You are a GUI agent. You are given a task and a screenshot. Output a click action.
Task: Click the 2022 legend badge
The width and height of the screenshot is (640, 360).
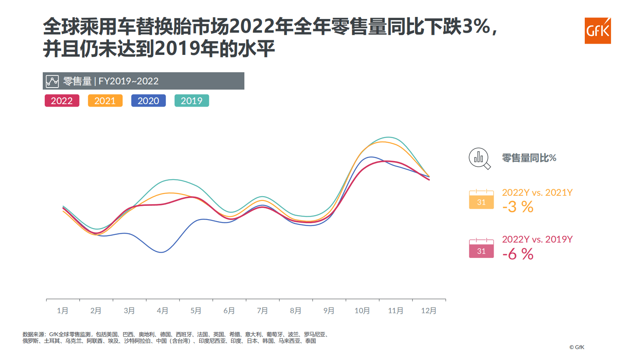tap(62, 101)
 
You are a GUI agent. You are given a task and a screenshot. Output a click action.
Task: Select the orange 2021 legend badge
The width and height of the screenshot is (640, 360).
tap(105, 101)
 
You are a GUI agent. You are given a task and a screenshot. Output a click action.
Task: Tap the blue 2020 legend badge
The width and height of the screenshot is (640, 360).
tap(148, 101)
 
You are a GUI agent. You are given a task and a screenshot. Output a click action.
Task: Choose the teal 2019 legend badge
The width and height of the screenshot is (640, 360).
tap(192, 101)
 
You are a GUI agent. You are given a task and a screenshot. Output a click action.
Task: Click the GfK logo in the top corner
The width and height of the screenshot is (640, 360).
tap(598, 31)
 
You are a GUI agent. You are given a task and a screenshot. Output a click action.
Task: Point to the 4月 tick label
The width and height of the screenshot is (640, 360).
tap(163, 311)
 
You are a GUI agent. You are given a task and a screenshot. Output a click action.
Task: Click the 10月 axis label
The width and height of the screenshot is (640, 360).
tap(362, 311)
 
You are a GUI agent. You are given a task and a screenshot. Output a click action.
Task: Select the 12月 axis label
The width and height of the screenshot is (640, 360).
tap(429, 311)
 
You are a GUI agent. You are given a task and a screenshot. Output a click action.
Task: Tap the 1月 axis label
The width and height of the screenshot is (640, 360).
tap(63, 311)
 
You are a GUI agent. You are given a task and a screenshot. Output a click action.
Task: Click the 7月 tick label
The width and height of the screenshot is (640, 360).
tap(262, 311)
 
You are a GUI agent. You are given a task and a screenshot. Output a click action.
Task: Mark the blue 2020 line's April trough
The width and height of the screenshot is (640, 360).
tap(161, 252)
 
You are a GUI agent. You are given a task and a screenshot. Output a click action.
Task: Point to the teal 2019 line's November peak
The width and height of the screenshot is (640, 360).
tap(388, 137)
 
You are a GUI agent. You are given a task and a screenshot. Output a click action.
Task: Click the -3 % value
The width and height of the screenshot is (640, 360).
tap(518, 207)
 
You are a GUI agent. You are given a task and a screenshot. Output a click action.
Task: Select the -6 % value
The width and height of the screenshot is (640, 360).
tap(518, 254)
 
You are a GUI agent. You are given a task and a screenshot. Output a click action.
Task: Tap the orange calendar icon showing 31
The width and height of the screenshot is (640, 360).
tap(481, 199)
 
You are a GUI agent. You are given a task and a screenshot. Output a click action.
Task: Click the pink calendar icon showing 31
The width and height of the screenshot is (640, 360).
tap(481, 248)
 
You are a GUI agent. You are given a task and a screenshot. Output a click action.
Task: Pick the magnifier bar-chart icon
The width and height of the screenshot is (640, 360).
tap(479, 158)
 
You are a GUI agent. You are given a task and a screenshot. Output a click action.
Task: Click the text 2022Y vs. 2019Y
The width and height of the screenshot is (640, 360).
tap(537, 239)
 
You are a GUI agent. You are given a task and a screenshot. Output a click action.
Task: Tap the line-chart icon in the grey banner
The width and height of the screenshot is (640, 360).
tap(52, 81)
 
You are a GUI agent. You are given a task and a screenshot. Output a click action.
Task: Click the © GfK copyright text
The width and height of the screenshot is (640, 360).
tap(577, 347)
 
